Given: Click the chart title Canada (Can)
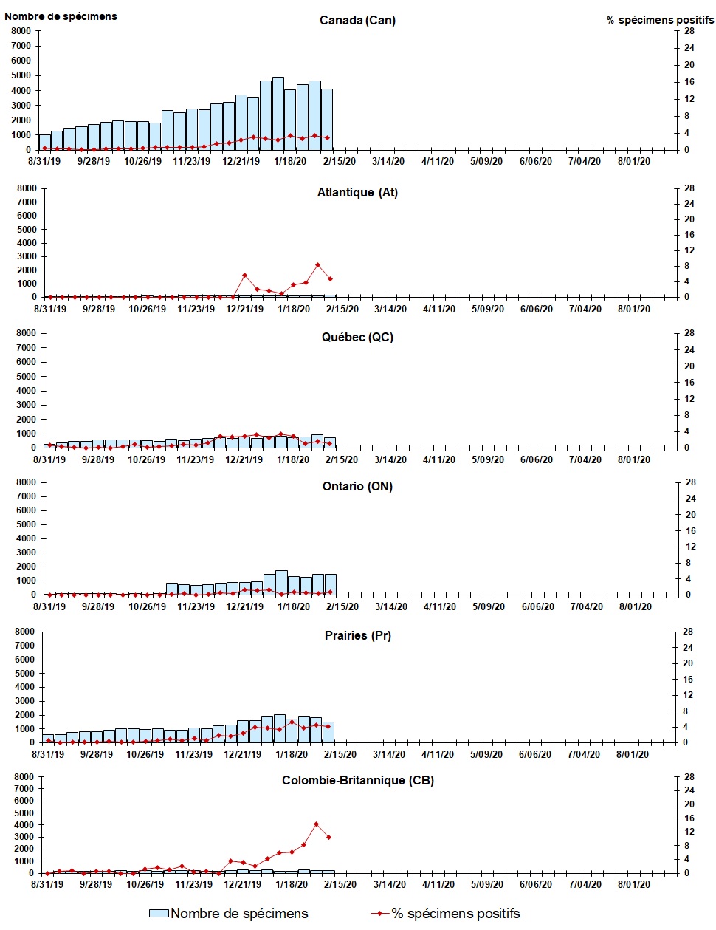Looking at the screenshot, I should coord(357,20).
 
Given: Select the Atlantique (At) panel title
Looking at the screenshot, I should coord(357,192).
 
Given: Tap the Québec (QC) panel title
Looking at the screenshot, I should coord(357,337).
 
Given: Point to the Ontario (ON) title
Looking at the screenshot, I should coord(357,486).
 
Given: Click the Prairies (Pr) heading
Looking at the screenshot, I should coord(357,635).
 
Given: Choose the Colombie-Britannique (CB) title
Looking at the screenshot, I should coord(357,780).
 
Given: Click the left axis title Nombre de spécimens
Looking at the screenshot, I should coord(61,16).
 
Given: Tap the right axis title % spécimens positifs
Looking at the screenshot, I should coord(660,20).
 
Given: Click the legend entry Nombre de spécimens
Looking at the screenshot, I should coord(238,914).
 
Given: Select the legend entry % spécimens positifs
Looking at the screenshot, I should coord(455,914).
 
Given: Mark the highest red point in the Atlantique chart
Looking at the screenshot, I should coord(317,264).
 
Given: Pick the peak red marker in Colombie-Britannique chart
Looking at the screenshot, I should coord(316,824).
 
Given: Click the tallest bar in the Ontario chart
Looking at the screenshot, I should coord(281,582).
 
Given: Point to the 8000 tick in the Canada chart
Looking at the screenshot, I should coord(21,31).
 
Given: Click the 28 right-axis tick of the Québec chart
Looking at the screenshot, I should coord(689,333).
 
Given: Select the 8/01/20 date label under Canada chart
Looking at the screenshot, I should coord(633,161).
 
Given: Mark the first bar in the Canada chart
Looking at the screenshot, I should coord(45,142).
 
